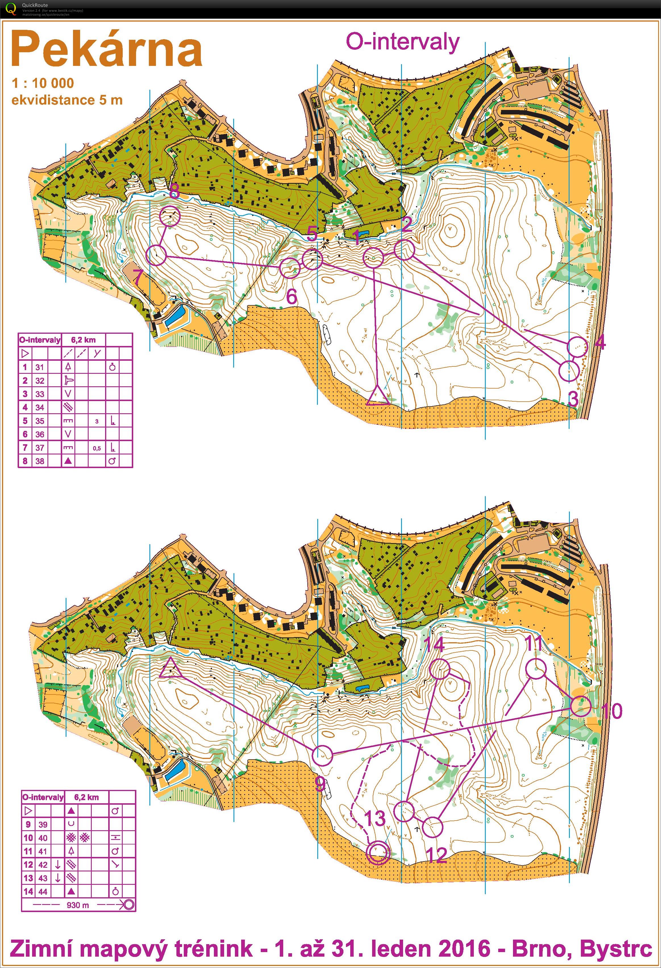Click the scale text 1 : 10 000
coord(43,83)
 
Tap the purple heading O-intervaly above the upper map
coord(403,42)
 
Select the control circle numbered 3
coord(568,371)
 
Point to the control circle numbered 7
coord(157,255)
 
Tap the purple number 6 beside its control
coord(291,297)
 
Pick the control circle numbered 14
coord(440,669)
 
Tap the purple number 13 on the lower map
coord(375,818)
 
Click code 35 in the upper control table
coord(39,421)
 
